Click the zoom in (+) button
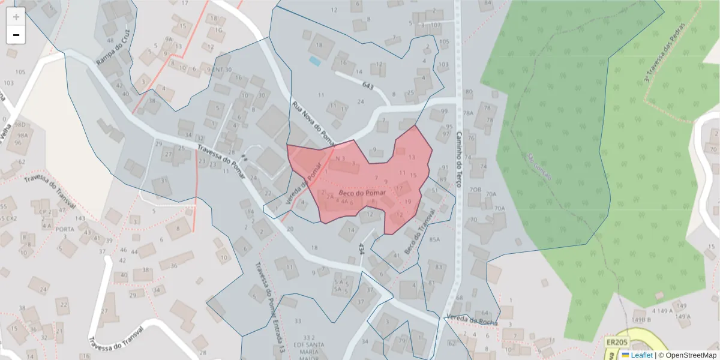tap(16, 17)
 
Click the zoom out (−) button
tap(16, 35)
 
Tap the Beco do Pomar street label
tap(361, 193)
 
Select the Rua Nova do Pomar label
tap(313, 124)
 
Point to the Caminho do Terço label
tap(460, 159)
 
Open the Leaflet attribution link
tap(641, 355)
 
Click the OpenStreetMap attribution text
tap(688, 355)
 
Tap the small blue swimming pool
tap(314, 61)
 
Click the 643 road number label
tap(368, 87)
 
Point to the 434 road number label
tap(361, 249)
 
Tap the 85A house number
tap(435, 240)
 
